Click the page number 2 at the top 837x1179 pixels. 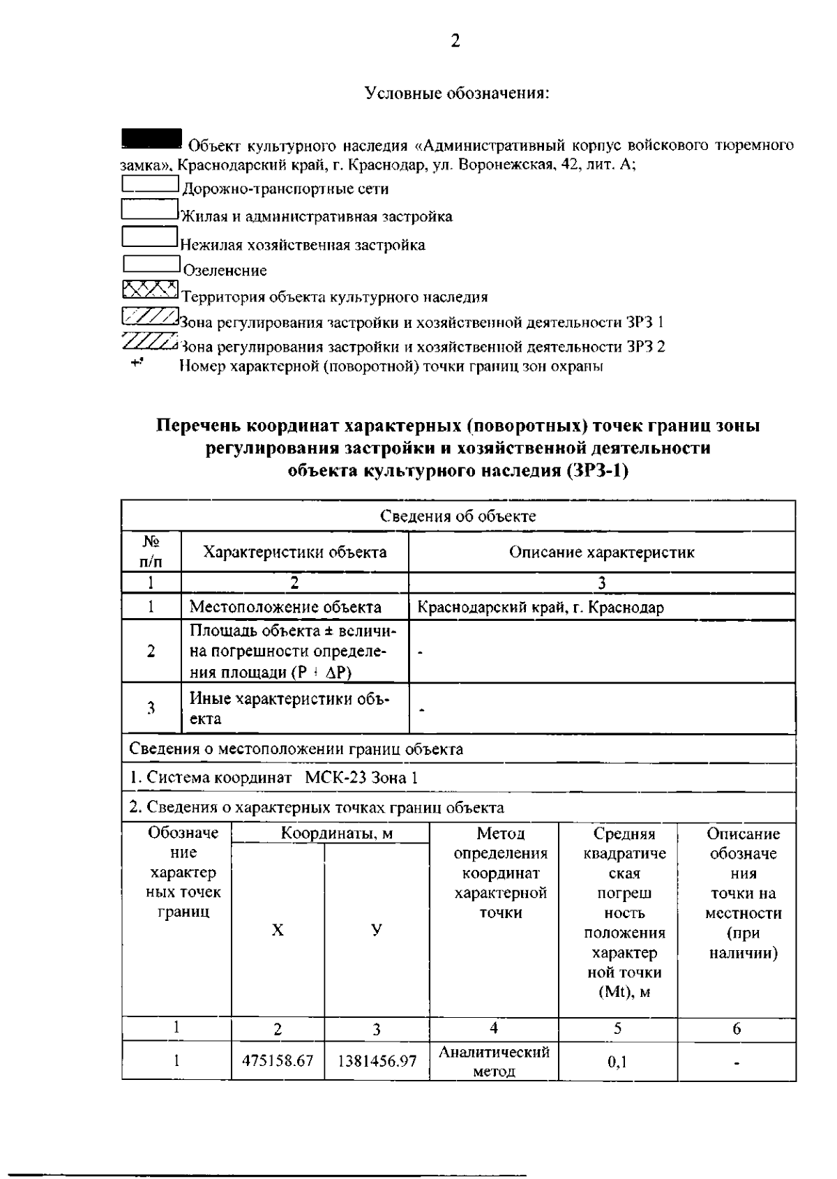(x=455, y=41)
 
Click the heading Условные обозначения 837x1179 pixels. (x=458, y=93)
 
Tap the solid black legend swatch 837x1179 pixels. (x=151, y=138)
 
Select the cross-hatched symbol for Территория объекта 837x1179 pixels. (x=149, y=289)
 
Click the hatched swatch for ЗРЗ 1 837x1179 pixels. (x=149, y=317)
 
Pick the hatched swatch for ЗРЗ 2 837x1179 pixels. (x=149, y=341)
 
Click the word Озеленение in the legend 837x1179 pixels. (x=225, y=271)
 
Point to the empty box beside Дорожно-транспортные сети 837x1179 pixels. (x=150, y=184)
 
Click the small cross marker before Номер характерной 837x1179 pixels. (x=137, y=362)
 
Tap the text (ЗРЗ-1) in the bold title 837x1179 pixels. (x=598, y=471)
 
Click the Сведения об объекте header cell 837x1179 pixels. (x=458, y=516)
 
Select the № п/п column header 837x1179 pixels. (x=151, y=551)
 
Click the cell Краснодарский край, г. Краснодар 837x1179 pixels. (x=541, y=607)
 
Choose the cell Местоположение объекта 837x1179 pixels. (x=285, y=607)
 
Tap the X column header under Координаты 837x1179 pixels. (x=278, y=930)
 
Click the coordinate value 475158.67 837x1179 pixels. (x=278, y=1061)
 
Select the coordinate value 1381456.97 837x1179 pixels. (x=377, y=1061)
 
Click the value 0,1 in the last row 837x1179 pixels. (x=617, y=1062)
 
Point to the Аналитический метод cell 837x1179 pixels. (x=494, y=1061)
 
